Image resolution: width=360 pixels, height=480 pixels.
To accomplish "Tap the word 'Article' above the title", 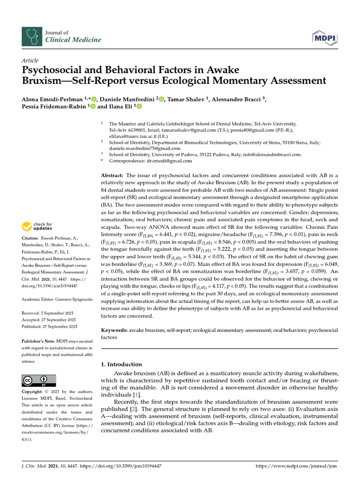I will click(30, 60).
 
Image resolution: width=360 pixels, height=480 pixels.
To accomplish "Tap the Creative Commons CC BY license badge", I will click(39, 380).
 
